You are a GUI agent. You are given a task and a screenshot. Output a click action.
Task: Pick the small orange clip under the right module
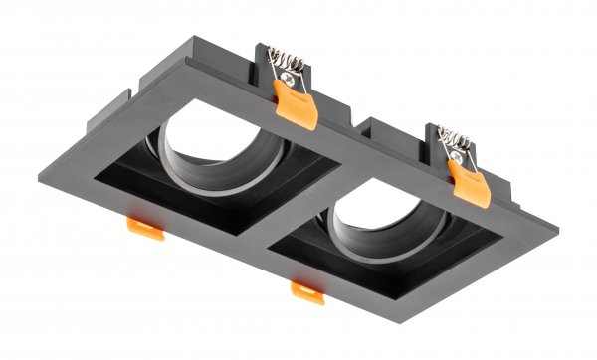[x=306, y=289]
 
